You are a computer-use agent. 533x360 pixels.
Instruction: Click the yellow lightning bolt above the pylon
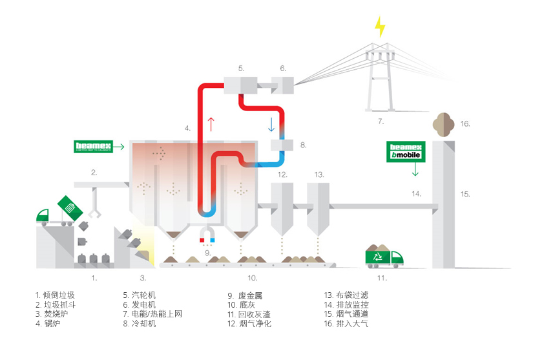[380, 26]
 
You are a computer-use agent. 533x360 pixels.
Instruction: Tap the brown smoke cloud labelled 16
[443, 123]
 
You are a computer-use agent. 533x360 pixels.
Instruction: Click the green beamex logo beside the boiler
[93, 147]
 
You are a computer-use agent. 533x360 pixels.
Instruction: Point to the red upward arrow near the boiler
[211, 122]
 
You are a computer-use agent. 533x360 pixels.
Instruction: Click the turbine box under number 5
[241, 85]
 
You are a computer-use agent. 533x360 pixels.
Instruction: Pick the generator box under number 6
[282, 84]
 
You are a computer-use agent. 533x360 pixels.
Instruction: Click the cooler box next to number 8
[282, 146]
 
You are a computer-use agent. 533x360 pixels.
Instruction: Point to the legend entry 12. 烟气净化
[249, 323]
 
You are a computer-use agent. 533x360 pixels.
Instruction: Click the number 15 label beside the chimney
[465, 193]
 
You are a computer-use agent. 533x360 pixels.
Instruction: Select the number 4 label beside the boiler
[187, 129]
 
